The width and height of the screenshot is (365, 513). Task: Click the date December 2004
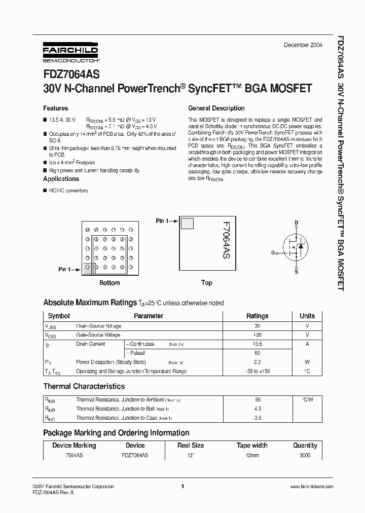click(x=302, y=45)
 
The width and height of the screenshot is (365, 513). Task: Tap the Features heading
click(x=55, y=108)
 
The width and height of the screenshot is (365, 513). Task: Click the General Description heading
click(x=216, y=108)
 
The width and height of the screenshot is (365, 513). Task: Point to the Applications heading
click(x=61, y=179)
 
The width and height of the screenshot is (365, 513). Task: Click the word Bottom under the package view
click(x=109, y=283)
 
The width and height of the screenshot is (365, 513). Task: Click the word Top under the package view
click(x=206, y=283)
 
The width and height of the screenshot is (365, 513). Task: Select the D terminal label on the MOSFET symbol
click(x=297, y=223)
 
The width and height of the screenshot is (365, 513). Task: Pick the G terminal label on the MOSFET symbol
click(x=273, y=252)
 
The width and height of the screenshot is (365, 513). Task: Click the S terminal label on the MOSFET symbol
click(x=297, y=272)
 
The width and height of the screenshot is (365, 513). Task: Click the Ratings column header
click(x=257, y=316)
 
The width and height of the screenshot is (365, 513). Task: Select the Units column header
click(x=307, y=316)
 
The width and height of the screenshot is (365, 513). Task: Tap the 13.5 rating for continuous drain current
click(x=257, y=344)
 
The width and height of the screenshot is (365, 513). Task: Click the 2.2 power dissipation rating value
click(x=257, y=362)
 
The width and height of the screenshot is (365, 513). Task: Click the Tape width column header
click(x=252, y=446)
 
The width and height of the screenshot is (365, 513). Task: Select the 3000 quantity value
click(x=305, y=455)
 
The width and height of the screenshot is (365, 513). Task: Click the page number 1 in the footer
click(x=182, y=487)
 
